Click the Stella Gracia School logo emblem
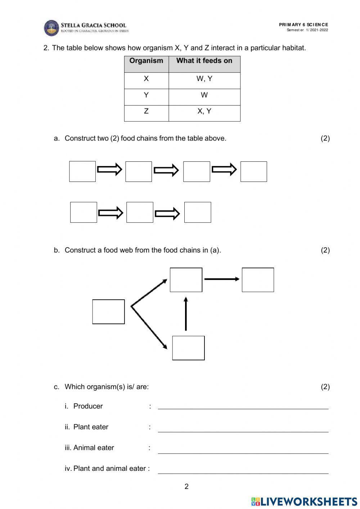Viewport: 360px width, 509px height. pos(51,28)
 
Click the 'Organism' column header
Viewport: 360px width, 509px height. pos(146,61)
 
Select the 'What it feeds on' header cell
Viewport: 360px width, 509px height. pos(204,61)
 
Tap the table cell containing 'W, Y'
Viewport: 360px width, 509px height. pos(204,79)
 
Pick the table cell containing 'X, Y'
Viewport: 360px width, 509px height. pos(204,111)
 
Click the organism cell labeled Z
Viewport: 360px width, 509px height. pos(146,111)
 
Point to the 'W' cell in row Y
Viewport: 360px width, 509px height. pos(204,95)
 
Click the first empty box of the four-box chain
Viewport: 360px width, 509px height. pos(82,171)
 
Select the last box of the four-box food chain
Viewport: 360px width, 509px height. pos(253,171)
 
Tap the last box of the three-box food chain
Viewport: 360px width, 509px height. pos(198,212)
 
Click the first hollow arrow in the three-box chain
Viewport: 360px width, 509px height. pos(111,213)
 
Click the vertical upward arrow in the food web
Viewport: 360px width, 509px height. pos(186,313)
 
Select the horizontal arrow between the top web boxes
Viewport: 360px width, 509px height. pos(221,279)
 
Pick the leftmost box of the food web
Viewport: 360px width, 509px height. pos(108,312)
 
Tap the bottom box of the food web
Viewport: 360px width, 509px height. pos(188,348)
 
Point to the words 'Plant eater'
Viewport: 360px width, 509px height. pos(91,427)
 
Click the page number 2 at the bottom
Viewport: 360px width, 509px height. pos(186,487)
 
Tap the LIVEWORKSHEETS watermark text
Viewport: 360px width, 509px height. pos(309,501)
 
